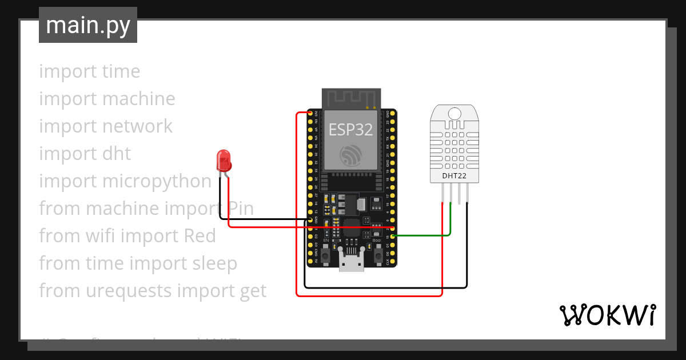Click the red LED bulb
[224, 160]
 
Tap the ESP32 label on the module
[350, 130]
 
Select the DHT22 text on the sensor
[454, 176]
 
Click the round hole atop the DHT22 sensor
[454, 113]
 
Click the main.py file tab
[88, 25]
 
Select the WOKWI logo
[607, 315]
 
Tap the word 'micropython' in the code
[157, 181]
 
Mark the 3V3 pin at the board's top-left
[312, 114]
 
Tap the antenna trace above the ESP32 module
[351, 98]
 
